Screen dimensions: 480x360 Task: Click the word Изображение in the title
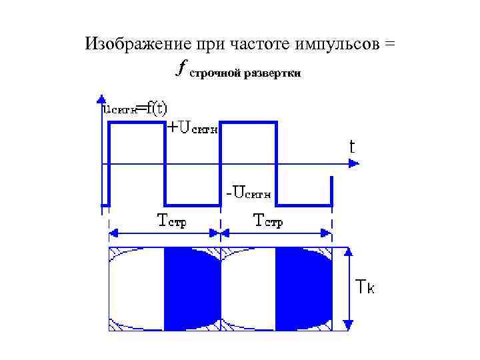(x=137, y=45)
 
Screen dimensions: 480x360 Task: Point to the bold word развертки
(x=272, y=73)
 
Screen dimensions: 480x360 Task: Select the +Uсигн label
(x=191, y=127)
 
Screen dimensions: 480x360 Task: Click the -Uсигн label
(x=248, y=193)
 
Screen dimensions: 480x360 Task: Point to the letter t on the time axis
(x=352, y=147)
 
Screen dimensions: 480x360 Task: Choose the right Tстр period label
(x=269, y=220)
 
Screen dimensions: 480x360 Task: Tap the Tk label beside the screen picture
(x=365, y=287)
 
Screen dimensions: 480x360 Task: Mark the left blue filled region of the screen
(x=191, y=288)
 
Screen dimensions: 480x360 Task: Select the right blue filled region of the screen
(x=302, y=288)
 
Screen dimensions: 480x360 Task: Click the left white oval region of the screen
(x=137, y=288)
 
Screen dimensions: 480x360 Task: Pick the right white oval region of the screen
(x=247, y=288)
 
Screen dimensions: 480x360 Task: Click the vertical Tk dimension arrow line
(x=347, y=288)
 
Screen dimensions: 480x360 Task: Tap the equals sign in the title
(x=389, y=45)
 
